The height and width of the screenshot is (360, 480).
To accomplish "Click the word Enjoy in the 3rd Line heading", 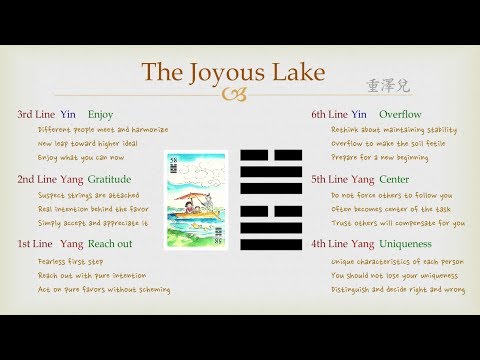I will [101, 115].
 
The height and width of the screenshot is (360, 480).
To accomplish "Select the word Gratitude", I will [110, 179].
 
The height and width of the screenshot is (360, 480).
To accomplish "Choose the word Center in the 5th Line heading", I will [396, 179].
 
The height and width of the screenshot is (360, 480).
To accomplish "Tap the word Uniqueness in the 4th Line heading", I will [410, 244].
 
